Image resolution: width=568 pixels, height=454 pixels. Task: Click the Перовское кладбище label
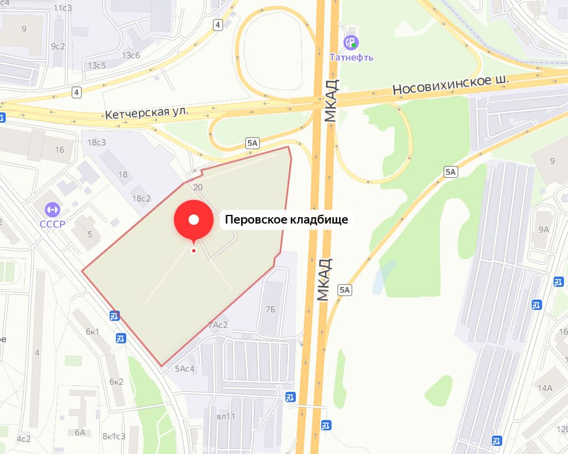pyautogui.click(x=286, y=220)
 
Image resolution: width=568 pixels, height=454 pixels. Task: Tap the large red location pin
pyautogui.click(x=194, y=220)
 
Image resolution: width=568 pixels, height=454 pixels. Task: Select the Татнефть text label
pyautogui.click(x=351, y=57)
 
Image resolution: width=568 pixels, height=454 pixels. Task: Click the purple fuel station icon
pyautogui.click(x=351, y=42)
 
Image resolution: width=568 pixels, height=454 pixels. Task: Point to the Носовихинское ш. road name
pyautogui.click(x=452, y=85)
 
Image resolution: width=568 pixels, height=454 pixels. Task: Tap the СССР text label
pyautogui.click(x=52, y=224)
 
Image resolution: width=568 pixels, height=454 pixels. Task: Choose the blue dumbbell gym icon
pyautogui.click(x=52, y=208)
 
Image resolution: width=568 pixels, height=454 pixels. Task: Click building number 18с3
pyautogui.click(x=97, y=142)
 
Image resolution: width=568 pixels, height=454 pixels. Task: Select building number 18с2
pyautogui.click(x=141, y=198)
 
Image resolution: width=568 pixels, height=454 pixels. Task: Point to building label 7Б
pyautogui.click(x=270, y=309)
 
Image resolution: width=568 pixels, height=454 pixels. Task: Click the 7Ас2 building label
pyautogui.click(x=218, y=325)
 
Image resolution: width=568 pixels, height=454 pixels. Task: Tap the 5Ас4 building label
pyautogui.click(x=185, y=369)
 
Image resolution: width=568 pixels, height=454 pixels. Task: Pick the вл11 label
pyautogui.click(x=226, y=416)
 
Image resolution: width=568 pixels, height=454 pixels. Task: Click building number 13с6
pyautogui.click(x=131, y=55)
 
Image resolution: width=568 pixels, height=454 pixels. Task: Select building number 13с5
pyautogui.click(x=96, y=65)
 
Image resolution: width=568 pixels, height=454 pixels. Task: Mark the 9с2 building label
pyautogui.click(x=58, y=46)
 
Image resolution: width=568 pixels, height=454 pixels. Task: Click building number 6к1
pyautogui.click(x=92, y=331)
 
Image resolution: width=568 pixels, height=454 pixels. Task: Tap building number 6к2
pyautogui.click(x=116, y=381)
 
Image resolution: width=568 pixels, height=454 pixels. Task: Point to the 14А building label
pyautogui.click(x=545, y=388)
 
